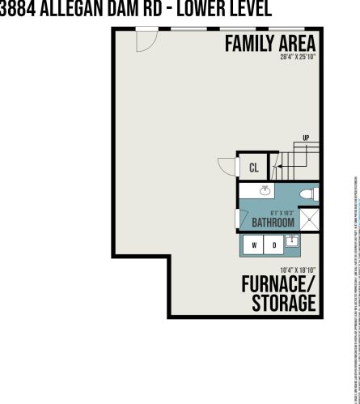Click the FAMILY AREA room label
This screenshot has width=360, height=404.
coord(269,43)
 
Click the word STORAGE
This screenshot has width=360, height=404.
coord(282,304)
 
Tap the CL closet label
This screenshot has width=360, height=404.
coord(253,168)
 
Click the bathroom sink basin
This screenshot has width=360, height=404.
coord(265,190)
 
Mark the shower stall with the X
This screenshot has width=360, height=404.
coord(309,220)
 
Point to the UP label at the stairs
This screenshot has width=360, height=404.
coord(305,138)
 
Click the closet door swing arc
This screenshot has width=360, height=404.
coord(229,167)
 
